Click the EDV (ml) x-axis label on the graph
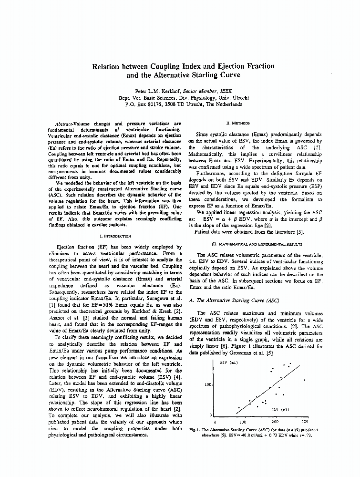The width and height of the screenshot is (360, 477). click(x=280, y=409)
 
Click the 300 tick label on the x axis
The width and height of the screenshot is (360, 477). click(x=305, y=422)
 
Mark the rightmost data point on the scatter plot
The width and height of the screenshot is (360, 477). click(x=305, y=380)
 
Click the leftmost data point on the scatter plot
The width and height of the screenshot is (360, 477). click(x=238, y=408)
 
